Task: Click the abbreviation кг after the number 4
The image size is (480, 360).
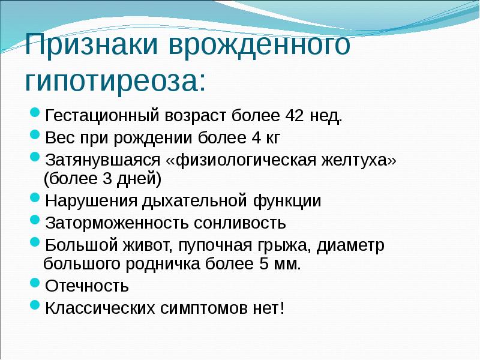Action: point(271,139)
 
